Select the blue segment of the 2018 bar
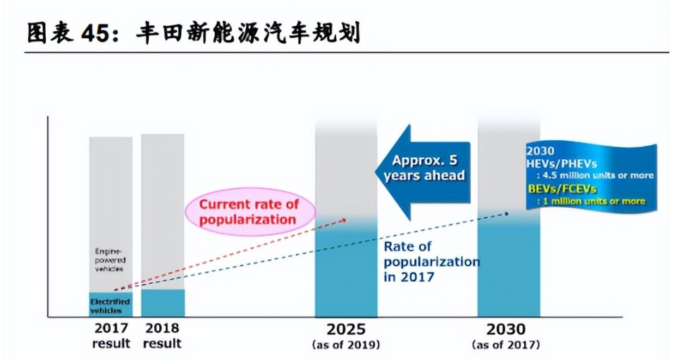point(163,303)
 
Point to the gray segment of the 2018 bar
point(163,211)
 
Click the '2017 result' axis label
point(111,336)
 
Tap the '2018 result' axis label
point(163,336)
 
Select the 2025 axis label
point(346,329)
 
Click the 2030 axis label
point(506,329)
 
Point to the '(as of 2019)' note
point(346,345)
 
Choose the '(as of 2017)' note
point(507,345)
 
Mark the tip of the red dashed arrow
point(347,219)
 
